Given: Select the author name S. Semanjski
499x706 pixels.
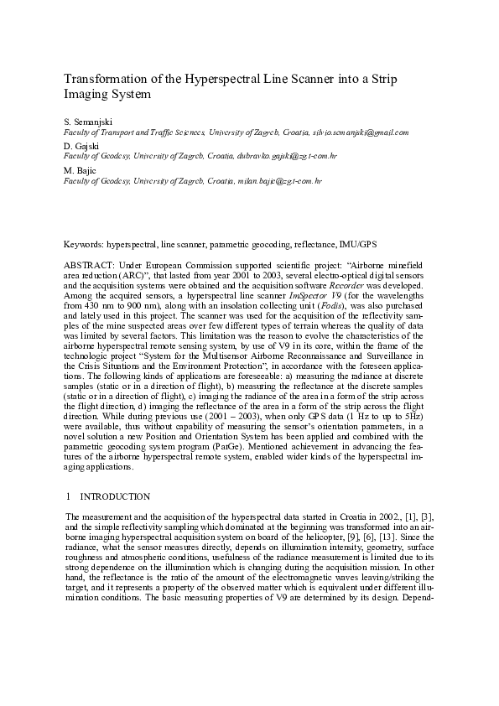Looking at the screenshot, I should point(89,122).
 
